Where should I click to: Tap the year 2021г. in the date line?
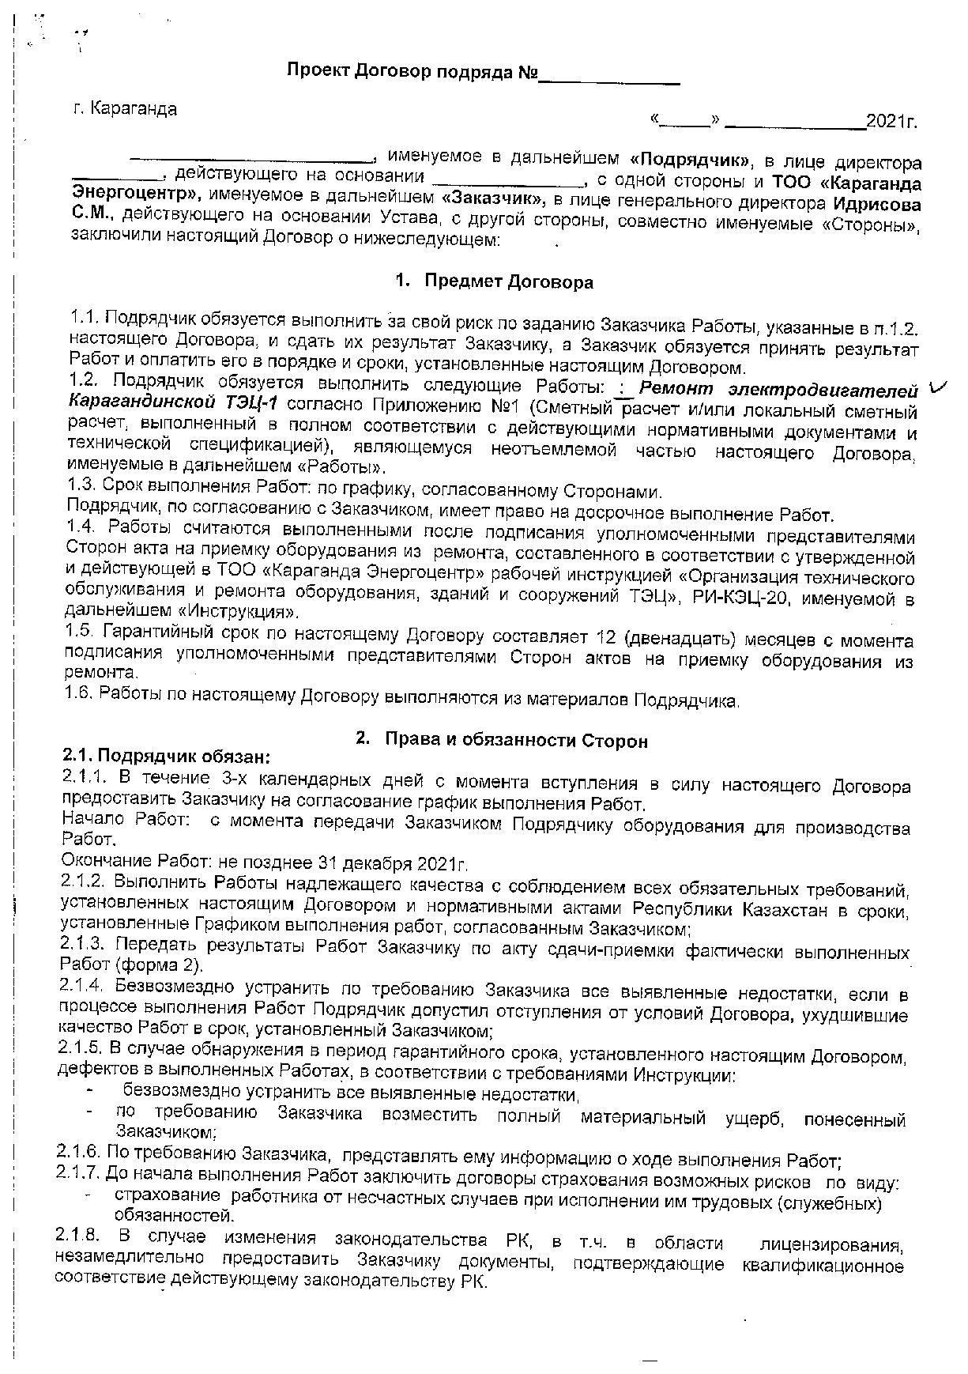pos(891,122)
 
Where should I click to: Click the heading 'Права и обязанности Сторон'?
pos(516,741)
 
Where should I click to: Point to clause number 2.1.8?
pos(80,1236)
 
